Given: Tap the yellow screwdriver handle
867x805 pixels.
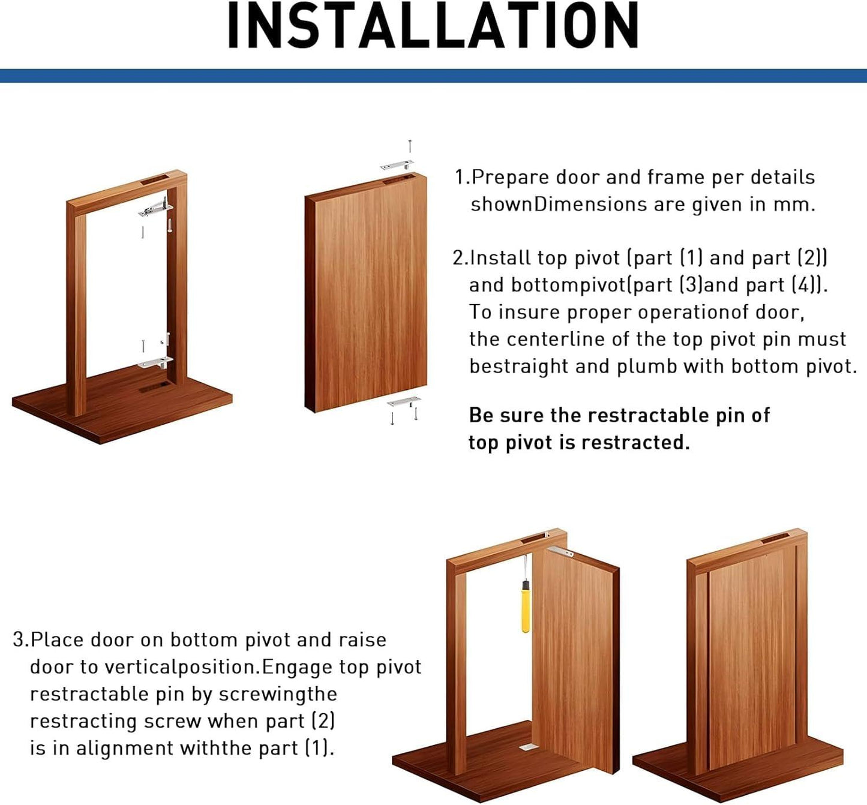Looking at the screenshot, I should (526, 611).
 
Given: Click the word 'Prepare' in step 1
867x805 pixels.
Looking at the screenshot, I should (511, 178).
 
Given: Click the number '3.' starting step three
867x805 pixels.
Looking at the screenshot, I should (20, 640).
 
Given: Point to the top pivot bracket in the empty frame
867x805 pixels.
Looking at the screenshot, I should (155, 209).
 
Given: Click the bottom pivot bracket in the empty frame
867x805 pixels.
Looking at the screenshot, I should (155, 362).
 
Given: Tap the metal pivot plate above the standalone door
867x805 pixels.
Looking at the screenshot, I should (397, 165).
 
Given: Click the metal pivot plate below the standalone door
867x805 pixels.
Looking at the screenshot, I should (403, 401).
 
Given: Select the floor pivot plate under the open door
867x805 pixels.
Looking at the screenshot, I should (527, 747).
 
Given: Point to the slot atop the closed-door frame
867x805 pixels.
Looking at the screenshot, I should (775, 538).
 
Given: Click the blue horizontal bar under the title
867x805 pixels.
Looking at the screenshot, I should (433, 76).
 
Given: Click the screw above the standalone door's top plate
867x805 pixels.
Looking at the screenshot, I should (410, 146).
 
